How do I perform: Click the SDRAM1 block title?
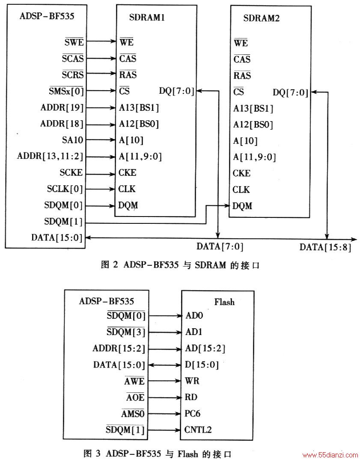tap(147, 17)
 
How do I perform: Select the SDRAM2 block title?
tap(261, 18)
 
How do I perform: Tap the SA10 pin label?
tap(72, 140)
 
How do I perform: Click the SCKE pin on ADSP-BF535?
tap(71, 172)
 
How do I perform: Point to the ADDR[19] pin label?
tap(62, 108)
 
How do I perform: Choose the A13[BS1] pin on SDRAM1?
tap(139, 108)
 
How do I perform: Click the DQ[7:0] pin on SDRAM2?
tap(291, 92)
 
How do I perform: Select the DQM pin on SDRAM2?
tap(242, 206)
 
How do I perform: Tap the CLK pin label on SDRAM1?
tap(127, 189)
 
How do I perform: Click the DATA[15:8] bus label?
tap(325, 247)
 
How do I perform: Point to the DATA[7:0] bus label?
tap(220, 246)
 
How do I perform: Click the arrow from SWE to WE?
tap(101, 42)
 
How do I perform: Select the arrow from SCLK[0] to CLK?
tap(100, 189)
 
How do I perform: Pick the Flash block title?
tap(224, 302)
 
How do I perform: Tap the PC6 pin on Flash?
tap(192, 414)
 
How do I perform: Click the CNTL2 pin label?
tap(198, 430)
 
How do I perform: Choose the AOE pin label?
tap(135, 397)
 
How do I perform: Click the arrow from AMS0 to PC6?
tap(163, 414)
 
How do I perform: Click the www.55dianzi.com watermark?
tap(330, 455)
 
